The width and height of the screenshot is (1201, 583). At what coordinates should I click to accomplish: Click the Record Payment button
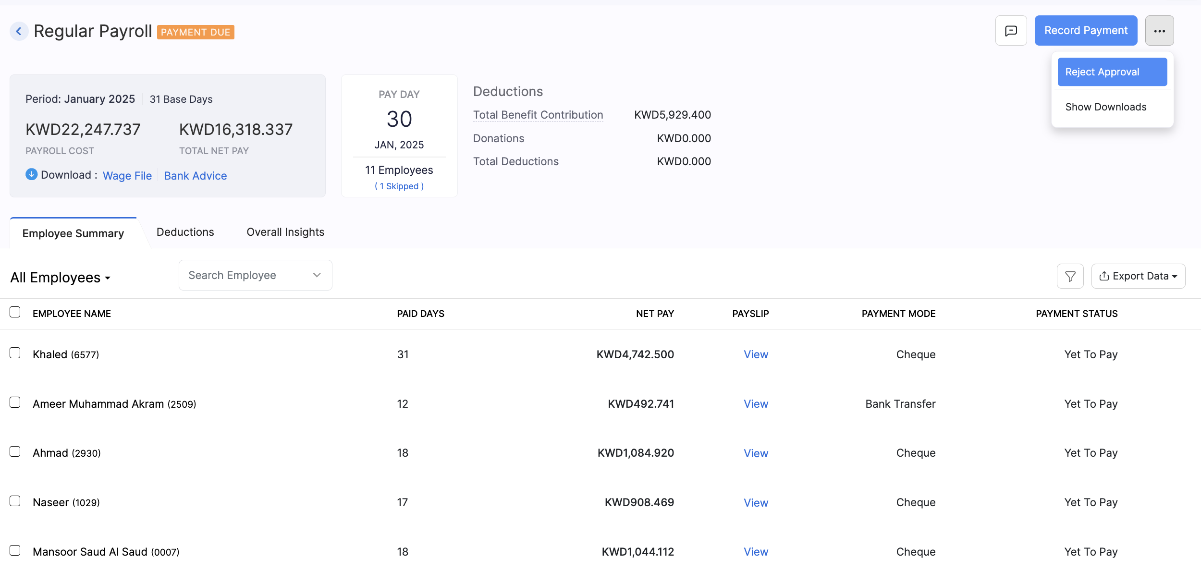click(x=1086, y=31)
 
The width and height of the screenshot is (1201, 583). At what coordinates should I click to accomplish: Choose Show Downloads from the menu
click(x=1105, y=107)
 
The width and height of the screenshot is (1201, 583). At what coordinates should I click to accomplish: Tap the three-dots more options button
click(x=1159, y=31)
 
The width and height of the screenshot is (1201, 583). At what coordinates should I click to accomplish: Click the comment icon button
click(x=1011, y=31)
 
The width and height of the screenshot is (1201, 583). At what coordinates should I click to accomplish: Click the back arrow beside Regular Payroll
click(x=19, y=32)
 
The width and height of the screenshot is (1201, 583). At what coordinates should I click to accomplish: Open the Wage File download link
click(x=127, y=176)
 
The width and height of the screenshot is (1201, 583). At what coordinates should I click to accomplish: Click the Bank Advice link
click(x=196, y=176)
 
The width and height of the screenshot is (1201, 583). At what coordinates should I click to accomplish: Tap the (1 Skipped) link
click(x=399, y=186)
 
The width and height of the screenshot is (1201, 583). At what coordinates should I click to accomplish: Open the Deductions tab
click(x=185, y=232)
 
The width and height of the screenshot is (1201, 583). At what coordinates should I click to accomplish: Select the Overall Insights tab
click(x=285, y=232)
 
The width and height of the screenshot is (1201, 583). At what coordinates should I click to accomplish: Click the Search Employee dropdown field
click(x=255, y=275)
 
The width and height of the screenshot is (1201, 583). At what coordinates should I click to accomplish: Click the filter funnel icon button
click(x=1070, y=276)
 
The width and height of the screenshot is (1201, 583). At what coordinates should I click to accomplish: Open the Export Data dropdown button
click(x=1138, y=276)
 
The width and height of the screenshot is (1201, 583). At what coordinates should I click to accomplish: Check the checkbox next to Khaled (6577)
click(x=15, y=353)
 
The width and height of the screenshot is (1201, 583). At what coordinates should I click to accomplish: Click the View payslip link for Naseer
click(x=756, y=503)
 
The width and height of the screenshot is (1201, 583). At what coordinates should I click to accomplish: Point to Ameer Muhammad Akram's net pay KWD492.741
click(x=641, y=404)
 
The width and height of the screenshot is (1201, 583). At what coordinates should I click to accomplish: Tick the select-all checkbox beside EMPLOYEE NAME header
click(x=15, y=312)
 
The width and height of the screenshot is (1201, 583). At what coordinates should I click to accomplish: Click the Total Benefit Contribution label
click(x=538, y=115)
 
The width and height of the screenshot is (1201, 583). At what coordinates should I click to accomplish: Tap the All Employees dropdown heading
click(x=61, y=278)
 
